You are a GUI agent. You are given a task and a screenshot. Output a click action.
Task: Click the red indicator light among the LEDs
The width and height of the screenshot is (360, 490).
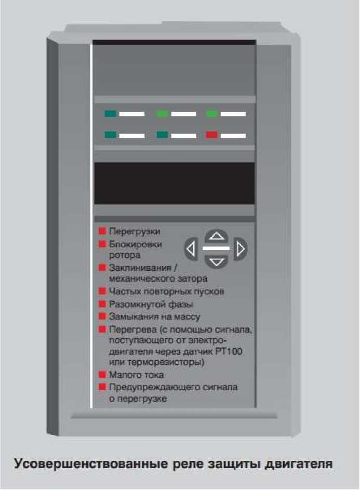click(x=211, y=135)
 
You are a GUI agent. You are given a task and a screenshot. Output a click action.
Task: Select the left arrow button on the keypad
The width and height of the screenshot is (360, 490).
click(x=190, y=249)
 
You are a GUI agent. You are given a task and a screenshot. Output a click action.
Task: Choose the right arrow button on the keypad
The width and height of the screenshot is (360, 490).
click(x=241, y=249)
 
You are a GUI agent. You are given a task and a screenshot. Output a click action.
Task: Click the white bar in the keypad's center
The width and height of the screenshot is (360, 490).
click(x=216, y=248)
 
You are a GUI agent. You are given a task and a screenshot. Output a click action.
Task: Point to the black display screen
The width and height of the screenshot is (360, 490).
click(x=175, y=183)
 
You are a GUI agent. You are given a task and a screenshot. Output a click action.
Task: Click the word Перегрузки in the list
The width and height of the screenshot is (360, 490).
click(x=135, y=232)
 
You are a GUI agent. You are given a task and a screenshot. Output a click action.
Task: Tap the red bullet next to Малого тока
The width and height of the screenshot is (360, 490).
click(x=102, y=374)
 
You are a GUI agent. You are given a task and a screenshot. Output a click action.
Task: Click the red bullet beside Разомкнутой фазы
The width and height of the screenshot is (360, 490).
click(x=102, y=304)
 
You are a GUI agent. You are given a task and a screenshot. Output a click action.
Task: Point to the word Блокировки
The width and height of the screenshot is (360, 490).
click(x=135, y=244)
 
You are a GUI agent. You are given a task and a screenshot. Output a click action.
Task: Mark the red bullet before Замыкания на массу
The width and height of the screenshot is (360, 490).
click(x=102, y=316)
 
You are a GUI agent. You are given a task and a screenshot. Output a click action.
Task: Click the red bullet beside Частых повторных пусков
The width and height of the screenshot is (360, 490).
click(x=102, y=292)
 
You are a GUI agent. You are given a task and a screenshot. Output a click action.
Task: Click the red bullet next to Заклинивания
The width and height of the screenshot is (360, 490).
click(x=102, y=268)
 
